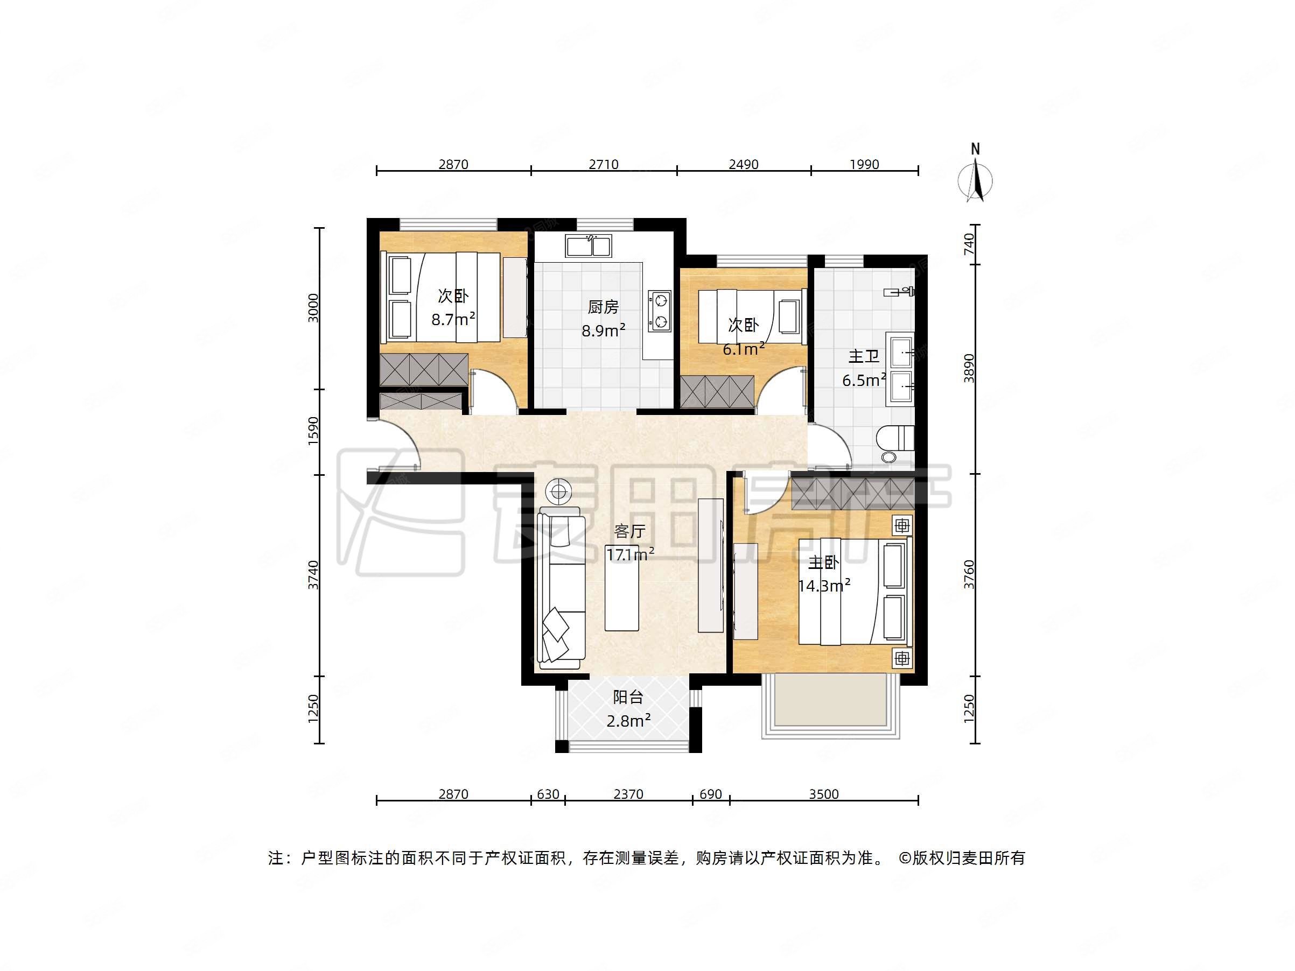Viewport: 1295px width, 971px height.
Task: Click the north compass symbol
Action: [x=975, y=179]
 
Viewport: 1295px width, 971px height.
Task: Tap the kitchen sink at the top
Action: [x=589, y=246]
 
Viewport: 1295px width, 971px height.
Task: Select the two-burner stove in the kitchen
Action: [x=660, y=311]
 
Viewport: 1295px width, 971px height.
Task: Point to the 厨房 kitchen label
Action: [x=603, y=307]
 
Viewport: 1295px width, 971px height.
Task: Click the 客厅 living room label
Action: [x=629, y=531]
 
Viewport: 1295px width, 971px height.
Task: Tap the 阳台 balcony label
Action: [x=628, y=697]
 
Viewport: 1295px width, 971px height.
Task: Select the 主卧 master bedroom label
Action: [x=823, y=563]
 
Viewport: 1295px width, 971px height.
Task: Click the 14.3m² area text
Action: [x=824, y=585]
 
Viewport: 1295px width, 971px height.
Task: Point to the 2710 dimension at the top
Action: [x=604, y=165]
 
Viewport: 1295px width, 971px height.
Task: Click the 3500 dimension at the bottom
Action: [x=824, y=794]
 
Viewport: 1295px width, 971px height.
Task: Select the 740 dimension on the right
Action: [x=969, y=243]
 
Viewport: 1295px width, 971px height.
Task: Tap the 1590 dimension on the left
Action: [x=314, y=431]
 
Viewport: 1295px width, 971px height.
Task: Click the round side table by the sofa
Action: [x=558, y=491]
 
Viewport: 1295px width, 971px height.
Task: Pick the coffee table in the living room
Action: [x=622, y=593]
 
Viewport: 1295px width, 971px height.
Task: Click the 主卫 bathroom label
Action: [x=864, y=356]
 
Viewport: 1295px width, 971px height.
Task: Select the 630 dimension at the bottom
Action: [x=548, y=794]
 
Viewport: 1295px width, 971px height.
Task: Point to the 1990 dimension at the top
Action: [x=865, y=165]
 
